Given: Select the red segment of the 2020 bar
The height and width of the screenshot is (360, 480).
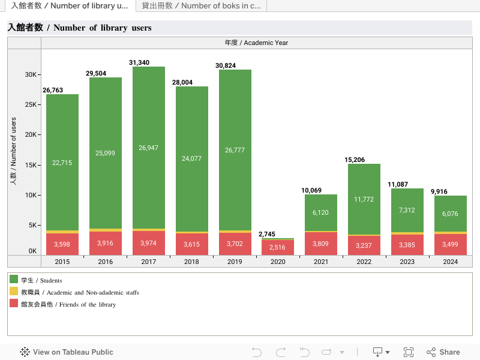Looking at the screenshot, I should pyautogui.click(x=278, y=247).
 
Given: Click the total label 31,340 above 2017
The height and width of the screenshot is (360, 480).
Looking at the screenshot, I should pyautogui.click(x=139, y=62).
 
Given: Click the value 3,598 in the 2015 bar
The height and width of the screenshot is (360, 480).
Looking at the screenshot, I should pyautogui.click(x=62, y=244).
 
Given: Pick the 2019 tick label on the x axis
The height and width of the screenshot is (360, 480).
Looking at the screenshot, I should pyautogui.click(x=235, y=262).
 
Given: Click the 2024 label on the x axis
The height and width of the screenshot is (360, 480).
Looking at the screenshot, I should pyautogui.click(x=451, y=262).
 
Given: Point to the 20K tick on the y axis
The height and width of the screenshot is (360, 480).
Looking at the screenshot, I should pyautogui.click(x=30, y=134).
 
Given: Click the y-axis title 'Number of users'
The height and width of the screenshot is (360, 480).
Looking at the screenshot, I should pyautogui.click(x=13, y=150).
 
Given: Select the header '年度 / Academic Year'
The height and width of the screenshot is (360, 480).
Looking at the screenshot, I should pyautogui.click(x=256, y=43).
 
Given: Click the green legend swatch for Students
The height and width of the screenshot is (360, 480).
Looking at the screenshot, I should pyautogui.click(x=14, y=280).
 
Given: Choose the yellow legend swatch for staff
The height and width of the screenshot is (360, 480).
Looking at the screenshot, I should pyautogui.click(x=14, y=292).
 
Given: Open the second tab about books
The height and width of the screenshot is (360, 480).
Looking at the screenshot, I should pyautogui.click(x=201, y=6).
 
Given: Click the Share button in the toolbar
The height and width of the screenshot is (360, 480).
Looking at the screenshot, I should pyautogui.click(x=443, y=352).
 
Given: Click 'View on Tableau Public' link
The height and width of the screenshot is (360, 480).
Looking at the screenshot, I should pyautogui.click(x=67, y=352).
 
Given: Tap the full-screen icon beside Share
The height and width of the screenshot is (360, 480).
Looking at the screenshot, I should pyautogui.click(x=409, y=352).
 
